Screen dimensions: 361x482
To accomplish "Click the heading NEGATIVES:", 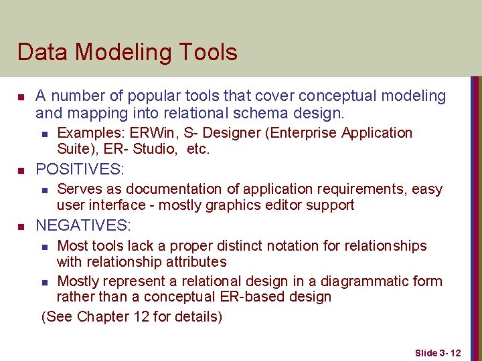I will (83, 225).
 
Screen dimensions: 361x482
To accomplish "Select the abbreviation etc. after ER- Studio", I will (198, 149).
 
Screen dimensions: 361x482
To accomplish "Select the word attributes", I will (195, 262).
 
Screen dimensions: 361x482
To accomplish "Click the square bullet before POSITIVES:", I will (20, 169).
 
